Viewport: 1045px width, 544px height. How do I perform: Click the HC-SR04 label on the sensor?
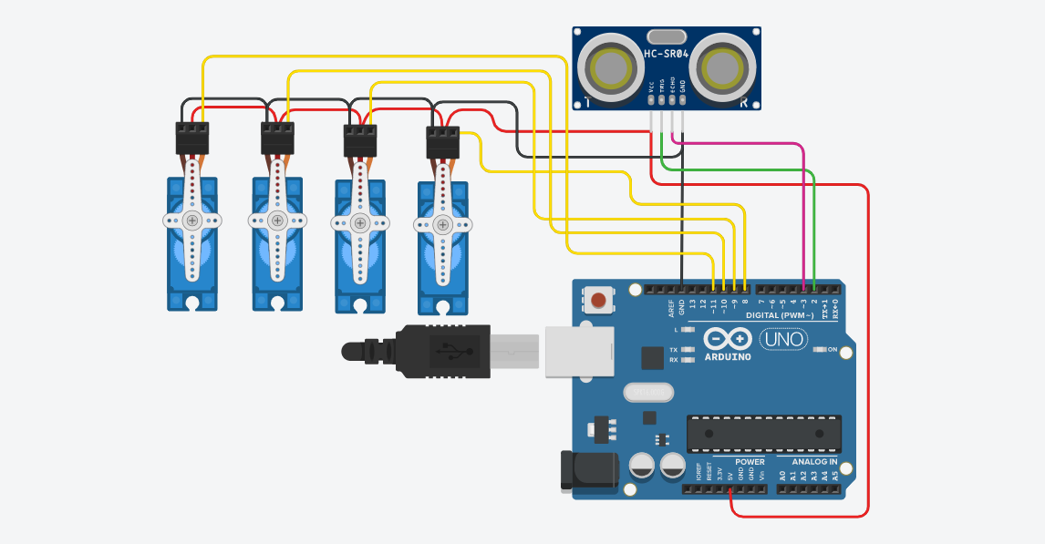(665, 54)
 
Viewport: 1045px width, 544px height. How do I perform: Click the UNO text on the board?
(783, 339)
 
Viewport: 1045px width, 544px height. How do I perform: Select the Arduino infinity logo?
(727, 339)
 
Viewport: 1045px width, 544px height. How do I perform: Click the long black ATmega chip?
(763, 433)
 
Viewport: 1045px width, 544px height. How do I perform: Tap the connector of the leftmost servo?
(192, 139)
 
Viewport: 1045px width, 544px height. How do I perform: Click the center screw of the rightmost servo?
(443, 224)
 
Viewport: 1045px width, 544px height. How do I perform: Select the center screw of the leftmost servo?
(192, 220)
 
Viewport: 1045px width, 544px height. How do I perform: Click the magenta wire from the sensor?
(802, 210)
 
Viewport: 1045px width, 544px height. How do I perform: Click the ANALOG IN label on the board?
(808, 462)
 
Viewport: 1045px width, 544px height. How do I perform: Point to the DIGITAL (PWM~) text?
(781, 315)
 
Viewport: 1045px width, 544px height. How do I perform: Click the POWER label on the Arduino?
(750, 462)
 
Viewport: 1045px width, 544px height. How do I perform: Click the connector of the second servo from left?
(277, 139)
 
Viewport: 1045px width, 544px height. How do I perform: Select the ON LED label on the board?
(832, 349)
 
